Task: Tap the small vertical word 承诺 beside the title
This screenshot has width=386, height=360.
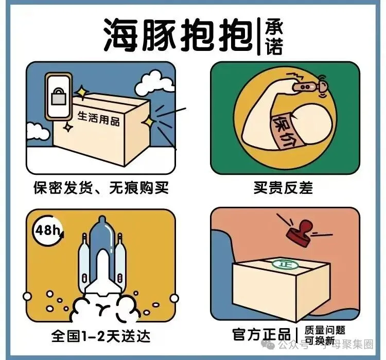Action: click(274, 38)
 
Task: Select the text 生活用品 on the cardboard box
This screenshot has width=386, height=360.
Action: click(98, 119)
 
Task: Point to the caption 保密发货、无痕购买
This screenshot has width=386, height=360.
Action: click(101, 188)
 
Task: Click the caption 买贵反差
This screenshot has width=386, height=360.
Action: click(283, 188)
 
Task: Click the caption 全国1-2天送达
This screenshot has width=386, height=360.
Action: click(101, 336)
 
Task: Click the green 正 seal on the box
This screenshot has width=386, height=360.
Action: click(286, 264)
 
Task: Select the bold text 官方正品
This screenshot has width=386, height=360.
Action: click(261, 334)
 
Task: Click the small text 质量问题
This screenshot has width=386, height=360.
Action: click(325, 330)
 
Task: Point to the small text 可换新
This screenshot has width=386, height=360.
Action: click(320, 341)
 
